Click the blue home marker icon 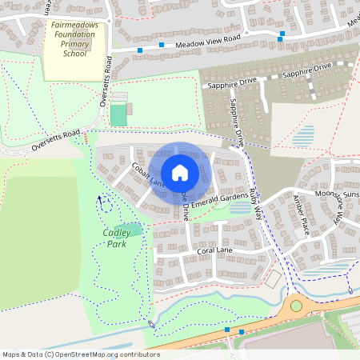pyautogui.click(x=179, y=172)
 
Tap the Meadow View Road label pyautogui.click(x=208, y=41)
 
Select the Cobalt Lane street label pyautogui.click(x=146, y=175)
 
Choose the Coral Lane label pyautogui.click(x=214, y=251)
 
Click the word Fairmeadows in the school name pyautogui.click(x=74, y=26)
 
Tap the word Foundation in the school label pyautogui.click(x=74, y=35)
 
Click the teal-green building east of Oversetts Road pyautogui.click(x=118, y=114)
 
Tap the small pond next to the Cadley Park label pyautogui.click(x=134, y=230)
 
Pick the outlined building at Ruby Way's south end pyautogui.click(x=274, y=280)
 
